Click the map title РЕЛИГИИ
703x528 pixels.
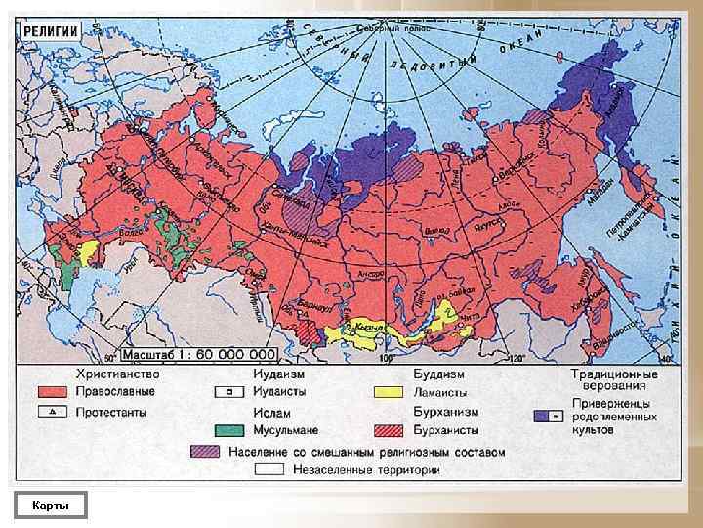51,30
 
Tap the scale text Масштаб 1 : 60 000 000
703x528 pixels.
197,355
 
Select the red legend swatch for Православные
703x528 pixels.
53,392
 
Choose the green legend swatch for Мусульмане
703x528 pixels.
229,429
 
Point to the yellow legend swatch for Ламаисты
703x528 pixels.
389,392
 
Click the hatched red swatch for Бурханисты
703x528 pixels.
389,429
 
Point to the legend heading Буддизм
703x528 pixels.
437,374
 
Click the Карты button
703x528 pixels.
50,505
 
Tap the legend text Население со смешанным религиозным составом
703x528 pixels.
367,452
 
